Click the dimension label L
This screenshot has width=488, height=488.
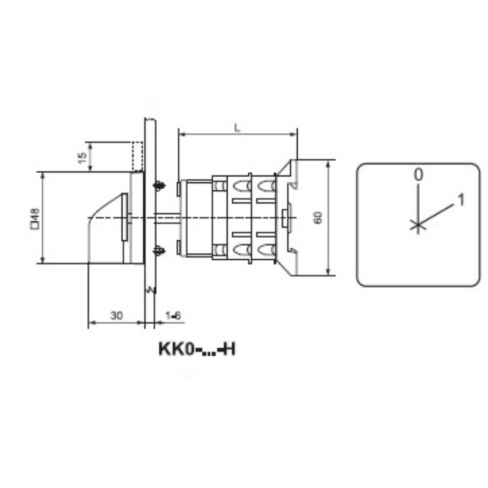click(x=237, y=127)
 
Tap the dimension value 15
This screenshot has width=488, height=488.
click(x=82, y=158)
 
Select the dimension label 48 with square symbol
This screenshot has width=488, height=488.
click(x=35, y=218)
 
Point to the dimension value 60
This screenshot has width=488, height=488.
click(x=318, y=217)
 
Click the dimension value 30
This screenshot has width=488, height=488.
click(x=117, y=315)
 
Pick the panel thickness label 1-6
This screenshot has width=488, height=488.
click(x=173, y=316)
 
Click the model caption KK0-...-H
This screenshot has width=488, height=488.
click(x=197, y=349)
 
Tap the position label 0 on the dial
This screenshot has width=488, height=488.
click(x=418, y=174)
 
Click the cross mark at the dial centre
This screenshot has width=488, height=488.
click(x=418, y=224)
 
